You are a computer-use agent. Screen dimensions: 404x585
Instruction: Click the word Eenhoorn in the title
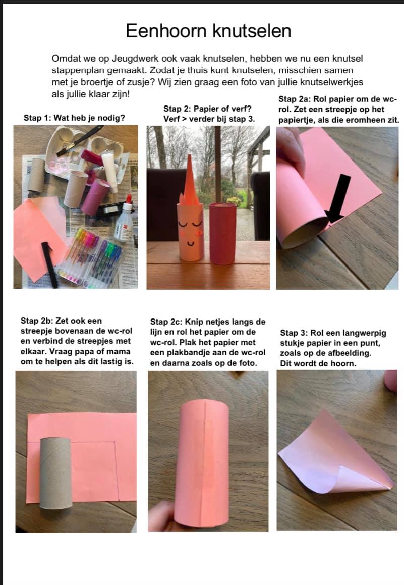[167, 31]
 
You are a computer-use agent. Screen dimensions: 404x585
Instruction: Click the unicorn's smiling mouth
[191, 244]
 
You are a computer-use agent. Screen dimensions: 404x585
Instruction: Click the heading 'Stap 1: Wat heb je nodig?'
[74, 118]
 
